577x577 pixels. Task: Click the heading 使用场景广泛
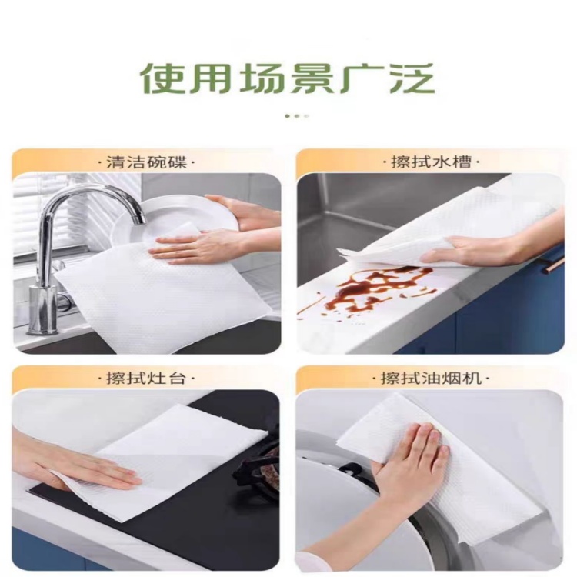click(x=288, y=79)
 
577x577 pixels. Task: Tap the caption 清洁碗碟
click(x=147, y=162)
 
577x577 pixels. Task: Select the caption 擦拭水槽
click(x=432, y=162)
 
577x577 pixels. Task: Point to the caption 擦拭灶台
click(x=145, y=379)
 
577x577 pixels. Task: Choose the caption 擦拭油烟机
click(x=431, y=378)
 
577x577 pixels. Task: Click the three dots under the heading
click(x=297, y=116)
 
